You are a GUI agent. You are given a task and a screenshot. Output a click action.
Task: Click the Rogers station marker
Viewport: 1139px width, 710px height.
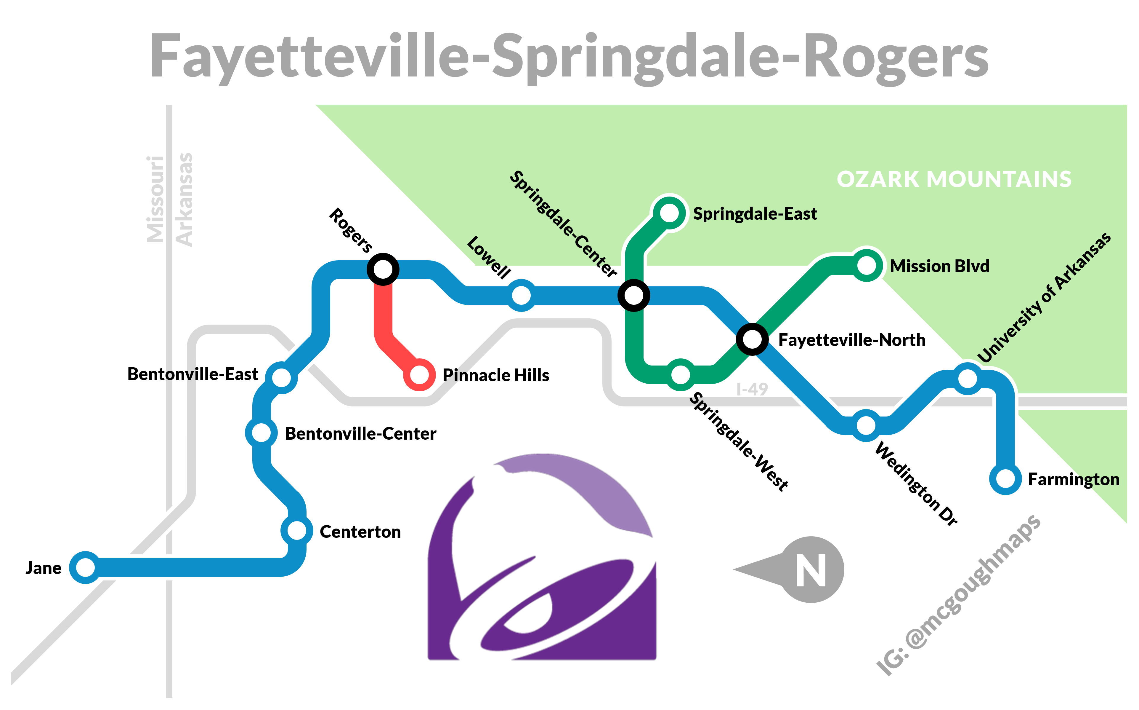[383, 269]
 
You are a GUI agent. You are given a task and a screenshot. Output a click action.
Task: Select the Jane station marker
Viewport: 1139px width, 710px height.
[85, 567]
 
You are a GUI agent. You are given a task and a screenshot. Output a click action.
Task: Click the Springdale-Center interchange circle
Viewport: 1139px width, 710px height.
[633, 295]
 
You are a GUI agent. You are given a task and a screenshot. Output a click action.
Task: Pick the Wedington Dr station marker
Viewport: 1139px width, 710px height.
[866, 425]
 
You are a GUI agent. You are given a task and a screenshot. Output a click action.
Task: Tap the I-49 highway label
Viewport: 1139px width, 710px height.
[752, 389]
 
